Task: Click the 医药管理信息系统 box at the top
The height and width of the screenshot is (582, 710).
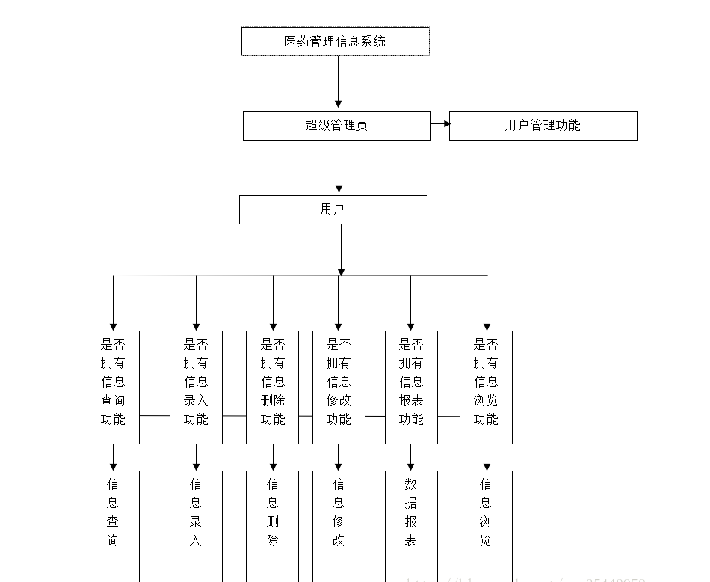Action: (x=335, y=41)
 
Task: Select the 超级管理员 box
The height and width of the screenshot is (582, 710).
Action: (x=336, y=126)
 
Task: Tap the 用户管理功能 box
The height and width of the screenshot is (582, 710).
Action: (x=543, y=126)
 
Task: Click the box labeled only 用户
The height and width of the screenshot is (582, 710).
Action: (x=333, y=209)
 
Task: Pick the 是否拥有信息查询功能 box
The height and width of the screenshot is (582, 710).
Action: (x=113, y=387)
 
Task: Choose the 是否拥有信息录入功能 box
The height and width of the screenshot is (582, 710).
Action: (x=196, y=387)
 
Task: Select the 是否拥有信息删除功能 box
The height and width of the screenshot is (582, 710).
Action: (x=272, y=387)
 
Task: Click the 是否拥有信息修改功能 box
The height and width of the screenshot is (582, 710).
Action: (x=339, y=387)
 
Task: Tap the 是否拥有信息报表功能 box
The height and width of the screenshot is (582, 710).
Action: (x=411, y=387)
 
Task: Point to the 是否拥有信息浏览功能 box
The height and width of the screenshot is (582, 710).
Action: (x=486, y=387)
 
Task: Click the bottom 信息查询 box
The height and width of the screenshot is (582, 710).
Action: (x=113, y=524)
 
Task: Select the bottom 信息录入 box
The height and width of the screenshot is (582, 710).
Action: (x=196, y=524)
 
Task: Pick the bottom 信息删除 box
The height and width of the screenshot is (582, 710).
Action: (x=272, y=524)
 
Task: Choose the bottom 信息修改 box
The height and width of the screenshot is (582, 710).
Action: (x=339, y=524)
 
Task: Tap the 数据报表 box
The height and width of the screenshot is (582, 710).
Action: (x=411, y=524)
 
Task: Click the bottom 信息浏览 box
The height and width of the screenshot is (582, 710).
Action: (x=486, y=524)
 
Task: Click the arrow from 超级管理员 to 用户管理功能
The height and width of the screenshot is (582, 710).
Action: (x=440, y=124)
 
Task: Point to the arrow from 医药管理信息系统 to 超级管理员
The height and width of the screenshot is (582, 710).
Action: (x=338, y=82)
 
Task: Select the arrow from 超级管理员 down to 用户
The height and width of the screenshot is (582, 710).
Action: (x=339, y=167)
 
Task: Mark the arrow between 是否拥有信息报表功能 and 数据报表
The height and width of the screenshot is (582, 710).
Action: (x=410, y=457)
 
